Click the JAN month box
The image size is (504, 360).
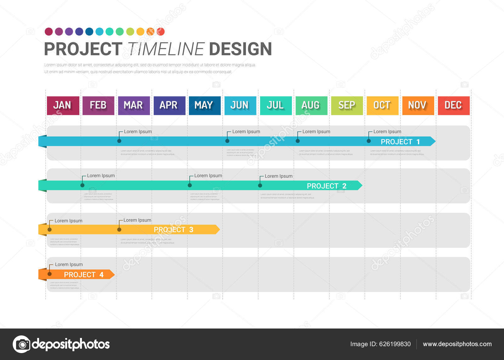coord(63,105)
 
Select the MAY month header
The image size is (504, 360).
coord(204,105)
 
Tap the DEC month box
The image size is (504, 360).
coord(453,105)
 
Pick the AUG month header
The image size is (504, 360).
coord(311,105)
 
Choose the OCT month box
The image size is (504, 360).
coord(382,105)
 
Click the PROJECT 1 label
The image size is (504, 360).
coord(400,142)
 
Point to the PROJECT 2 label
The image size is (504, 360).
coord(326,186)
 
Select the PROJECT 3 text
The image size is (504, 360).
coord(173,230)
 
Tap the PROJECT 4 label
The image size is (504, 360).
coord(83,275)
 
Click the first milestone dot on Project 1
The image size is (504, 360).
coord(119,141)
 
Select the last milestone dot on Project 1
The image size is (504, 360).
coord(369,141)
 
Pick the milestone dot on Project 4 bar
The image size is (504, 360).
coord(49,274)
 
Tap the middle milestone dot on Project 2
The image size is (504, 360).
coord(190,185)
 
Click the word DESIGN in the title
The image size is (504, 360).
coord(240,49)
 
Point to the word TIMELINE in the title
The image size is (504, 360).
coord(166,49)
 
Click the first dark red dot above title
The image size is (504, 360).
coord(49,31)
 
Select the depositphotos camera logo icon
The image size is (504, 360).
coord(22,344)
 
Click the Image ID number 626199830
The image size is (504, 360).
coord(395,344)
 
